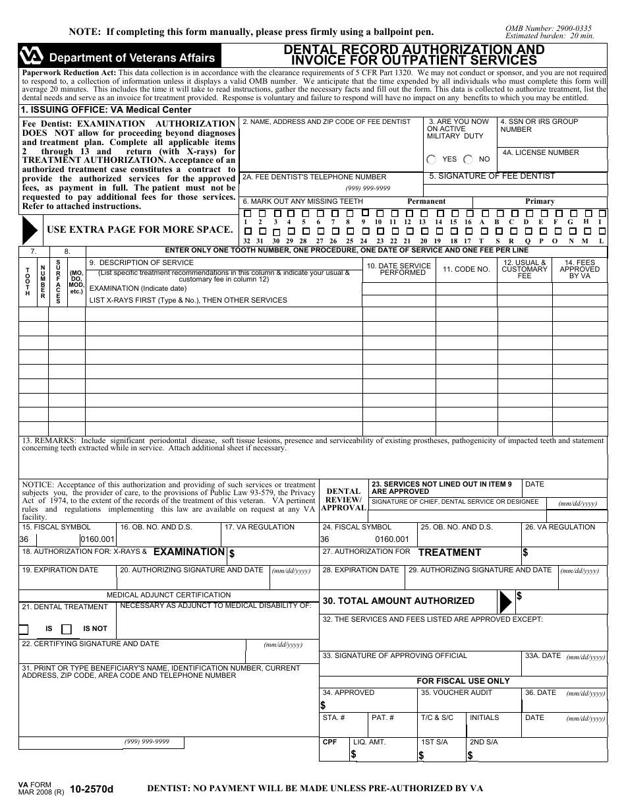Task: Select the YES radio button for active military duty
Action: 432,160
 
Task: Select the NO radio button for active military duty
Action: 468,160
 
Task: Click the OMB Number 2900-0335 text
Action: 548,28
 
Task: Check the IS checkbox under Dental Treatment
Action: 24,629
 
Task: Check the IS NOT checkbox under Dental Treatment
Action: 67,629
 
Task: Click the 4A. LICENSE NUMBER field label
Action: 540,152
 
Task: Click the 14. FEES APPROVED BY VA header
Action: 580,269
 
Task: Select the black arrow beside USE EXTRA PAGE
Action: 30,229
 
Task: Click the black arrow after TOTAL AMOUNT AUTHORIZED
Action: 505,601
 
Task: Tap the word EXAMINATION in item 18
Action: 188,552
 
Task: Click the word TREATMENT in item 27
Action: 449,553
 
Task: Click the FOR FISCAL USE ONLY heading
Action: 463,680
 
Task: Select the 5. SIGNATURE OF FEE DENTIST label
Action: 492,176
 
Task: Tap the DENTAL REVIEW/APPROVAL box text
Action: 343,499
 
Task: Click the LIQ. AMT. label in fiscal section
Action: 370,742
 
